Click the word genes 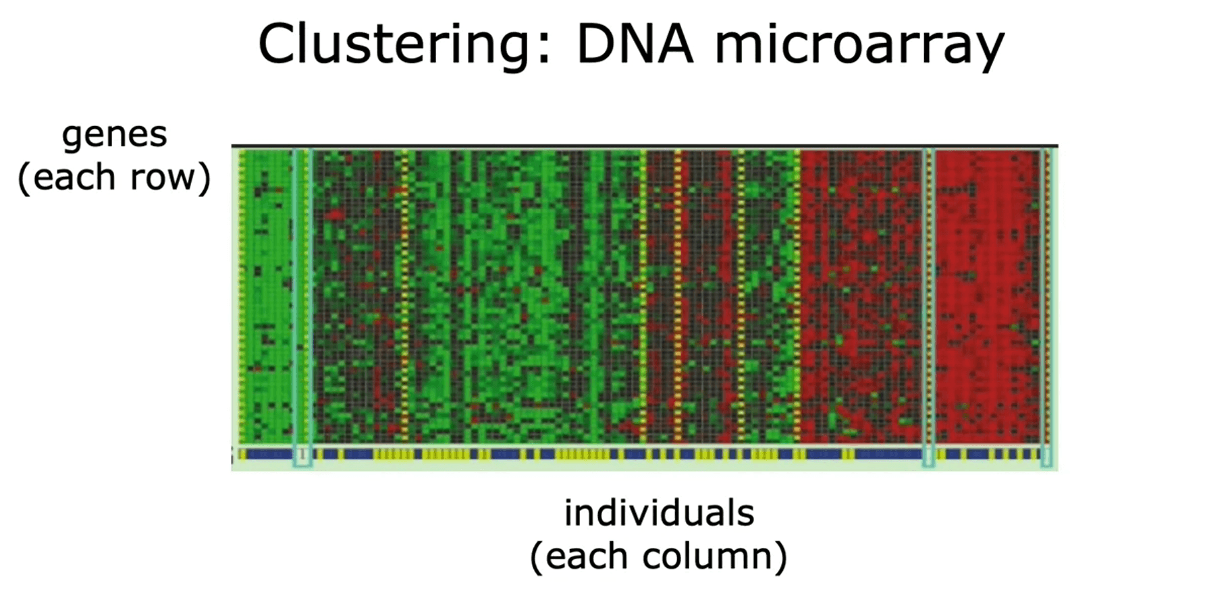point(114,135)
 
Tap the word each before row point(75,177)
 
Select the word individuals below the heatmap point(659,513)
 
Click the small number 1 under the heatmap point(302,455)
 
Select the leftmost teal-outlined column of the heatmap point(302,307)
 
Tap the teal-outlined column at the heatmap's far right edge point(1046,307)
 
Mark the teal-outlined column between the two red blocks point(929,307)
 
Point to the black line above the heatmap point(645,145)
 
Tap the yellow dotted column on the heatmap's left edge point(242,295)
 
